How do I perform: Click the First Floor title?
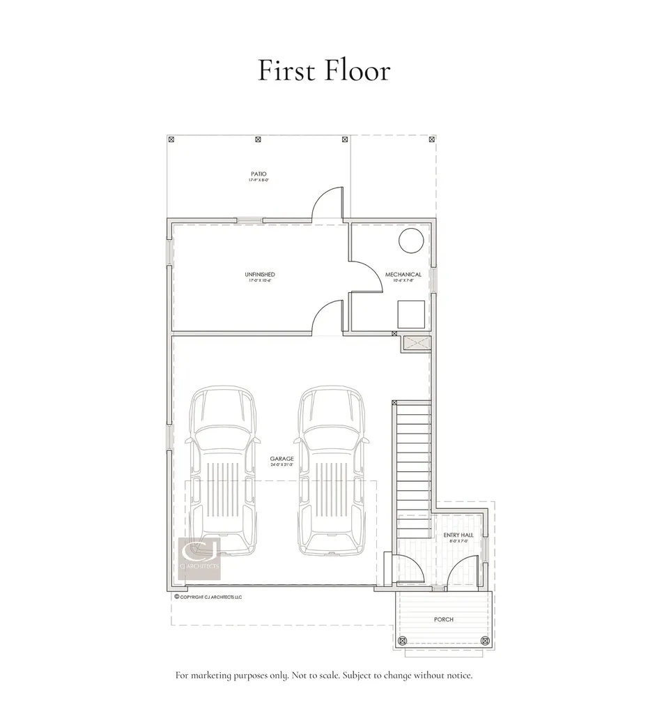324,70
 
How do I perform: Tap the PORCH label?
444,619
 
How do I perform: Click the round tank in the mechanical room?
410,241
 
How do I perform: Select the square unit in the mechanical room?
410,314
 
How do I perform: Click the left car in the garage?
222,472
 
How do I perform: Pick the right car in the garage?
330,472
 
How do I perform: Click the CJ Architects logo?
200,558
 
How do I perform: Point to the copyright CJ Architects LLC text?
208,597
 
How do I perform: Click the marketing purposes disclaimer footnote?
324,676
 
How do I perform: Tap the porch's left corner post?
401,640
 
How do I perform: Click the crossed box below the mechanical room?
416,343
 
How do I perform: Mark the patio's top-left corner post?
171,139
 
